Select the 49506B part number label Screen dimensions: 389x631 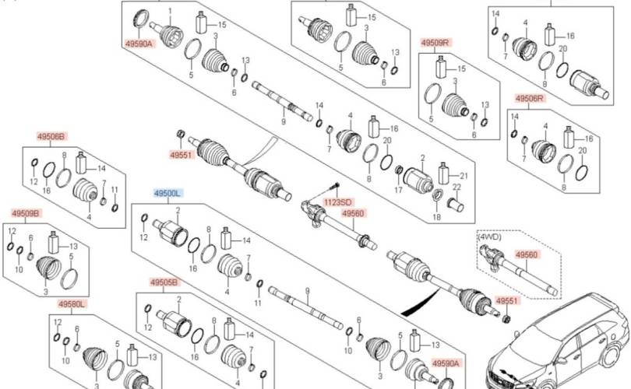coord(51,135)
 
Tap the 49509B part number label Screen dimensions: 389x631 coord(26,213)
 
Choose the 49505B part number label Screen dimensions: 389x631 coord(164,282)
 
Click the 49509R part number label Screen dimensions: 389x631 coord(435,42)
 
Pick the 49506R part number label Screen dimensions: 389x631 coord(530,98)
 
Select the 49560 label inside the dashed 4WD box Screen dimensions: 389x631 coord(528,254)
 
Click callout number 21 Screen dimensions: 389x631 coord(464,174)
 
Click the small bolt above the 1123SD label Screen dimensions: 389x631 coord(335,185)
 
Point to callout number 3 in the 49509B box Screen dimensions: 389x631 coord(44,292)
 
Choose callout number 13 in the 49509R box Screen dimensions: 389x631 coord(486,103)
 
